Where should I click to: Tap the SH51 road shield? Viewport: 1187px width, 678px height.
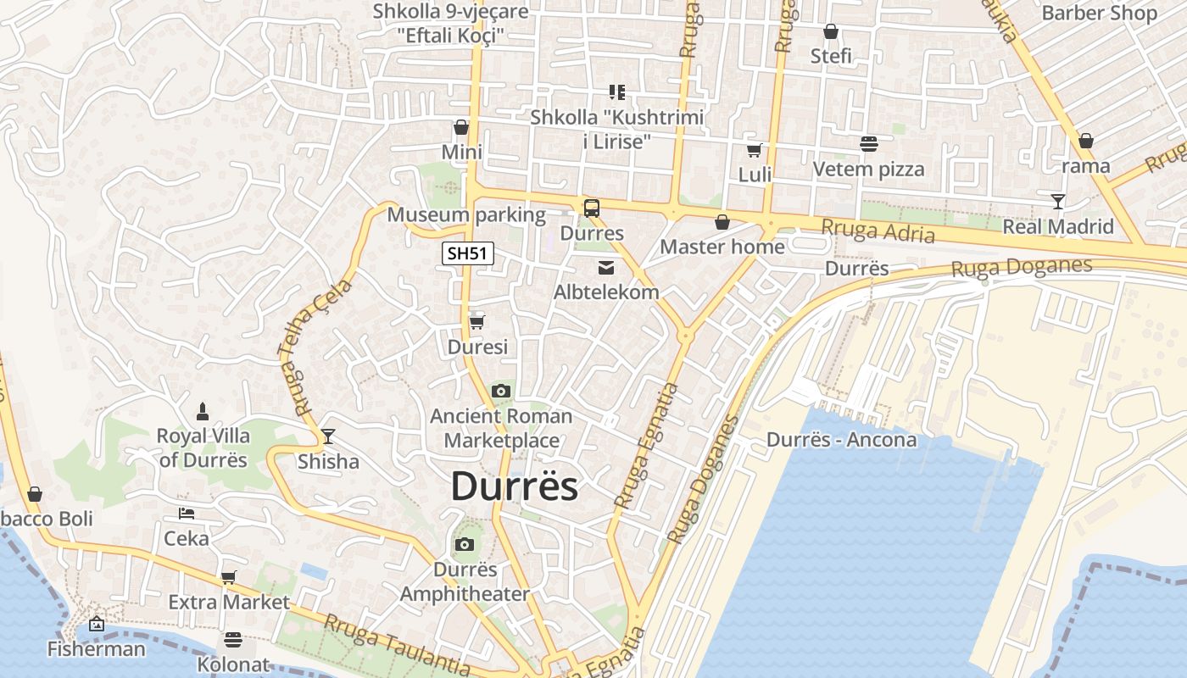coord(468,253)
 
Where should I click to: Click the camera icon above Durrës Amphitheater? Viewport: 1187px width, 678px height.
coord(464,544)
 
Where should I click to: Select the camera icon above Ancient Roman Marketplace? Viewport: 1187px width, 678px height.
coord(501,391)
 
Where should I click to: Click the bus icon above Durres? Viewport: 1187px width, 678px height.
coord(592,208)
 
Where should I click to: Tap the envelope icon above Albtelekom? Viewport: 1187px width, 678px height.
coord(606,268)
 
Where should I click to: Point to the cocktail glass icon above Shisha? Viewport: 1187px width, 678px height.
coord(328,436)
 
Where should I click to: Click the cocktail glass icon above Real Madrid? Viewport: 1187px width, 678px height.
coord(1057,202)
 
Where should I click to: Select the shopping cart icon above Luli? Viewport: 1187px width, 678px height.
coord(754,151)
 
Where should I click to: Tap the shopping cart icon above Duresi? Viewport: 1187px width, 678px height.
coord(477,322)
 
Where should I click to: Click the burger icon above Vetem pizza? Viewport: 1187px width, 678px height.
coord(868,144)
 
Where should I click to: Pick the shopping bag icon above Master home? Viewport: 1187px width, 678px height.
coord(722,222)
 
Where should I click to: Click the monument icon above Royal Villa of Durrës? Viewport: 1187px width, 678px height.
coord(203,412)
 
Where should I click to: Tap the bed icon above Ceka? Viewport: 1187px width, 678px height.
coord(187,514)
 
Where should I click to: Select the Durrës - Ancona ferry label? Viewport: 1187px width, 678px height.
coord(841,440)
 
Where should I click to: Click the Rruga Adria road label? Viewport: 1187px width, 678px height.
coord(878,231)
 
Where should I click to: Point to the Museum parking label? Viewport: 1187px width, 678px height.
coord(466,214)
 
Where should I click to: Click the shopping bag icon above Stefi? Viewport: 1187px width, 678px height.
coord(831,32)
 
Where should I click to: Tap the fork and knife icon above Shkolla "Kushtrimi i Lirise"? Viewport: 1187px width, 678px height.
coord(616,92)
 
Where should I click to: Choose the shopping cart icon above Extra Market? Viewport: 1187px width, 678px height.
coord(228,578)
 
